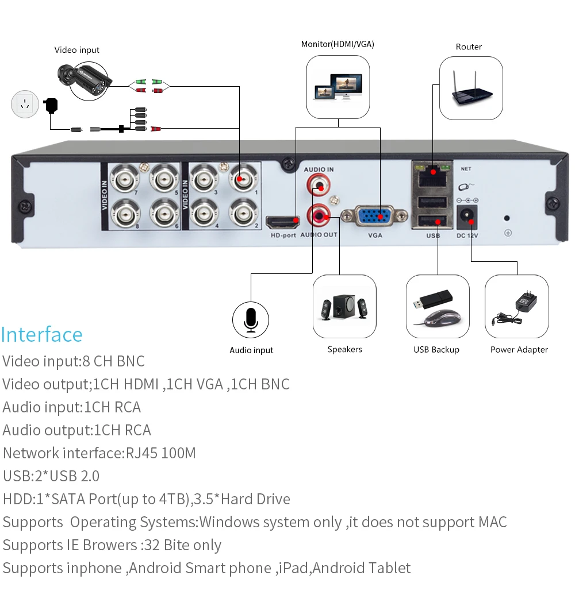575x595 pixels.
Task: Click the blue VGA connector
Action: click(x=375, y=217)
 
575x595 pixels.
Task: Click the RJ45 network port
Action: click(x=432, y=173)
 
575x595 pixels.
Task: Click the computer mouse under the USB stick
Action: click(x=442, y=318)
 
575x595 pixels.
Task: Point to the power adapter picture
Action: click(x=516, y=307)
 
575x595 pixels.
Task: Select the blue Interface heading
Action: click(x=42, y=334)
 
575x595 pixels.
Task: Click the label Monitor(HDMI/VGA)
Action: click(x=338, y=44)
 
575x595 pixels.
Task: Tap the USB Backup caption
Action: click(x=436, y=350)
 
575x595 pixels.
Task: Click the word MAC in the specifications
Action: click(x=492, y=522)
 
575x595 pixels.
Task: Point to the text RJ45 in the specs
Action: click(x=141, y=453)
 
